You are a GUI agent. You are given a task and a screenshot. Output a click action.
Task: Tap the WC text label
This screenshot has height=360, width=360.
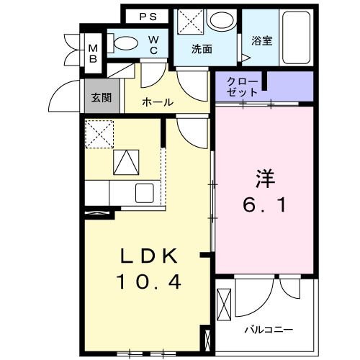(x=154, y=45)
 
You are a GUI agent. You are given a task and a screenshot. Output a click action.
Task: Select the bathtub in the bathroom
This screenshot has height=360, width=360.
(x=296, y=38)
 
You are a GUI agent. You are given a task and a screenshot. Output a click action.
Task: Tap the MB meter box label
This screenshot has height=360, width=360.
(x=93, y=54)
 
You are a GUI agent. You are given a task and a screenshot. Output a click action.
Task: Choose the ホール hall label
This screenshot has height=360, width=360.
(x=157, y=102)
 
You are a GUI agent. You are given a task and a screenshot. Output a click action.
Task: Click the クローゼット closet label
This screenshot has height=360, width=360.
(x=242, y=86)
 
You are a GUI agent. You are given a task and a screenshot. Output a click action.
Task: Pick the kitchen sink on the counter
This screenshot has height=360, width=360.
(x=142, y=194)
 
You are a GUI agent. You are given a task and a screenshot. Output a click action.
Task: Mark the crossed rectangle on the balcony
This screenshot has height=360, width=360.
(x=225, y=305)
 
